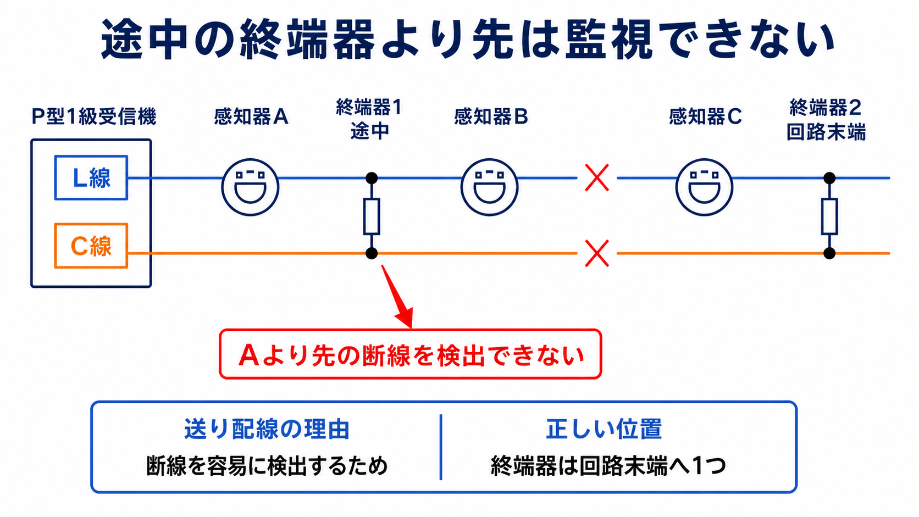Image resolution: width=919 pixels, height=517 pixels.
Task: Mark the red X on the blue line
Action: click(x=597, y=177)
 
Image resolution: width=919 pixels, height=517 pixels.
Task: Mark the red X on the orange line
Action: click(x=597, y=253)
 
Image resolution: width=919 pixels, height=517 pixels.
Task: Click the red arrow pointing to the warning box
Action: click(x=397, y=297)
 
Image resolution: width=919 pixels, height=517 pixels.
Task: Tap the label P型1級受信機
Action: click(x=94, y=116)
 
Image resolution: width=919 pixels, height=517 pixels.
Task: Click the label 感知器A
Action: click(x=251, y=116)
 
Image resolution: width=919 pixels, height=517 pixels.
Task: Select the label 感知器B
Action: click(x=491, y=116)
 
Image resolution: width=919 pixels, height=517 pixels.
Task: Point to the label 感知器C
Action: click(x=705, y=116)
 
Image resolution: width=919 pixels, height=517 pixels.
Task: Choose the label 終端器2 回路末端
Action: click(x=826, y=120)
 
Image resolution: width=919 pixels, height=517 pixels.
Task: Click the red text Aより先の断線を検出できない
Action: click(x=411, y=355)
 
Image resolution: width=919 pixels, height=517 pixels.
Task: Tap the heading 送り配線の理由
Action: click(x=267, y=429)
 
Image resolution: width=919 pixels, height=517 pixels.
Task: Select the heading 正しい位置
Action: click(x=604, y=429)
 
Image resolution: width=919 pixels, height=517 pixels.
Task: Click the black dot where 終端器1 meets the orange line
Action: click(x=372, y=253)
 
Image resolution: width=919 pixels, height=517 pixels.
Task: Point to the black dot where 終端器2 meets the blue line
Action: click(x=829, y=178)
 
